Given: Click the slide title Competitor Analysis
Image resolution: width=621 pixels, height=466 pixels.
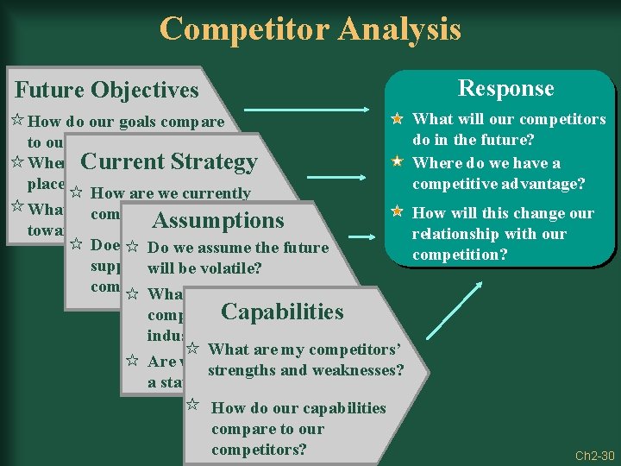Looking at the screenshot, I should coord(310,29).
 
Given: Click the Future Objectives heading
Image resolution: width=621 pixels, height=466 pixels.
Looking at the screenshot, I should coord(107,90).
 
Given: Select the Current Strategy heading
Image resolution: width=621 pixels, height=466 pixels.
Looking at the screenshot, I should coord(168,161).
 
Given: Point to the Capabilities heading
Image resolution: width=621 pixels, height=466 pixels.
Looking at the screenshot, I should coord(282,312).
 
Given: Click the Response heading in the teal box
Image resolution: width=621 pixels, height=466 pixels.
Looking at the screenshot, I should coord(505,88).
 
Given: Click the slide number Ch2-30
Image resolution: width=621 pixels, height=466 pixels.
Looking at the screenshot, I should coord(595,456).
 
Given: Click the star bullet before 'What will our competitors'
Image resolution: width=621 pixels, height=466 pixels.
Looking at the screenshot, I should coord(398,119).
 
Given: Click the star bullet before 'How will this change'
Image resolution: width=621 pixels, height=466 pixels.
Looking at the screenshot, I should coord(398,211).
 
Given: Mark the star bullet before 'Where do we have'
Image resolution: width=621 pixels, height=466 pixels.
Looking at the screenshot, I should coord(398,162).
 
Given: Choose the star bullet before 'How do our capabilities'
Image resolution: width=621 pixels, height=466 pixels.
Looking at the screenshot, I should coord(193,404).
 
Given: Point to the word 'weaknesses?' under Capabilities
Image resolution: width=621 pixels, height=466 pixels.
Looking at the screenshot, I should coord(361,370).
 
